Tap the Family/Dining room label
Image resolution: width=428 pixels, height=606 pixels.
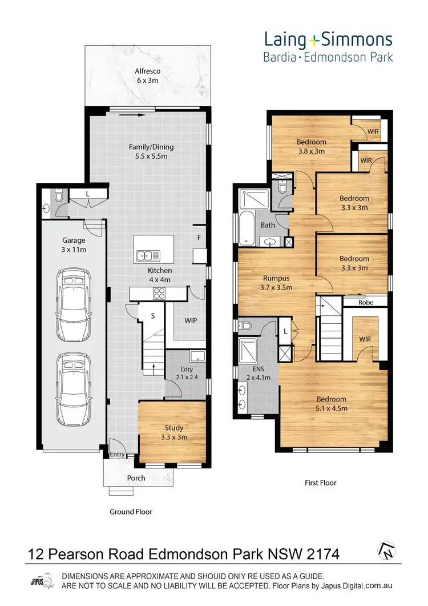[151, 151]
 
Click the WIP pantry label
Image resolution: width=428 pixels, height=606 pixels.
[191, 320]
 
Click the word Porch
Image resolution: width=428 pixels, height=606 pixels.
[136, 478]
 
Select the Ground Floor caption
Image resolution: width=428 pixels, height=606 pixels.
[131, 512]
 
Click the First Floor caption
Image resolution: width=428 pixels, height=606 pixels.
[320, 483]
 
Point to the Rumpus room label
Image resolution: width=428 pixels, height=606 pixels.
[277, 283]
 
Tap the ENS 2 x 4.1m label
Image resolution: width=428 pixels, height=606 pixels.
[258, 374]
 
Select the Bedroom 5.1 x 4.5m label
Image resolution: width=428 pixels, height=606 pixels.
[332, 403]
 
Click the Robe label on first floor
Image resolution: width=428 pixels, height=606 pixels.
[366, 302]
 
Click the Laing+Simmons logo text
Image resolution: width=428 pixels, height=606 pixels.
[328, 39]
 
